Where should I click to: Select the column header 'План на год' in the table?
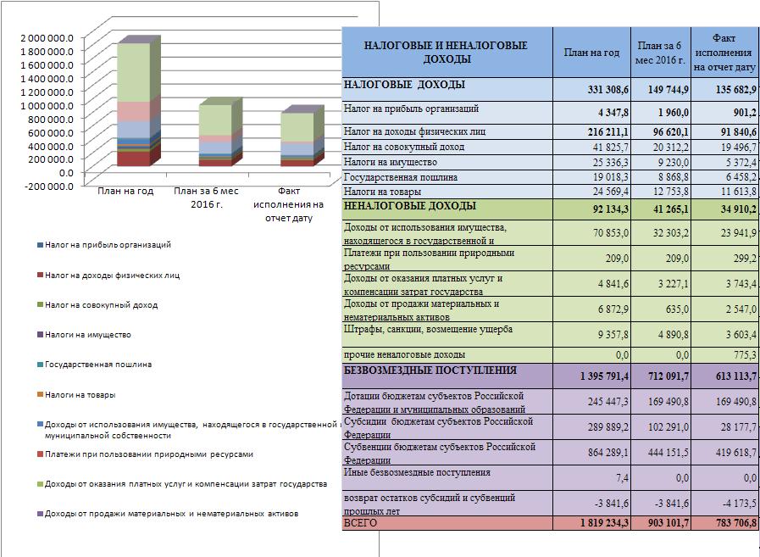(x=591, y=53)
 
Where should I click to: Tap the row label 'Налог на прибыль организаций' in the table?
(x=411, y=109)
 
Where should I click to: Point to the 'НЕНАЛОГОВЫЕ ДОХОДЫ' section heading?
(x=409, y=206)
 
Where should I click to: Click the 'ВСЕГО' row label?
(x=360, y=523)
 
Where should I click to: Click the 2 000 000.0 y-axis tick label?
(x=47, y=38)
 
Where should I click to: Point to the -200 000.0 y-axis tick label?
(x=47, y=187)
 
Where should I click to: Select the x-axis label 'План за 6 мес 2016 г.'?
(x=206, y=198)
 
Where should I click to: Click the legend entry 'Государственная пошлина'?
(x=95, y=365)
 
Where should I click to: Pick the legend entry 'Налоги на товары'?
(x=76, y=395)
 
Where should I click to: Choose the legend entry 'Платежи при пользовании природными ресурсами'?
(x=146, y=454)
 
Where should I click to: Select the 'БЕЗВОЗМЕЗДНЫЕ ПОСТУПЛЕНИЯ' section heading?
(x=430, y=370)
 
